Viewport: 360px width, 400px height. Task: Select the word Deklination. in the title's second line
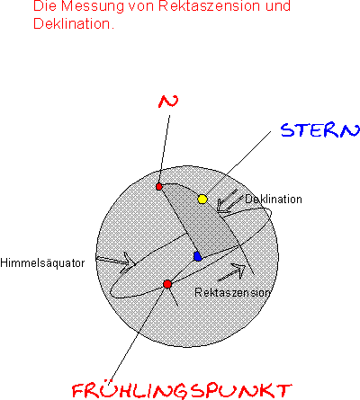point(74,23)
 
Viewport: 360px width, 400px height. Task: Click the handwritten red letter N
point(168,102)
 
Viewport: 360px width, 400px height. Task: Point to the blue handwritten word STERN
point(320,130)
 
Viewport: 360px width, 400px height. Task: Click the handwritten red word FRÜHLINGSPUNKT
point(182,391)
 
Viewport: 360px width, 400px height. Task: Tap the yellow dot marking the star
point(202,199)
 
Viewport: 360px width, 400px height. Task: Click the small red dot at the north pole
point(159,187)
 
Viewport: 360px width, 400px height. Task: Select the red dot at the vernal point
point(167,284)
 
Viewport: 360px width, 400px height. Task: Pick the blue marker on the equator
point(197,256)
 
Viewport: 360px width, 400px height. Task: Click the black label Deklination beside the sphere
point(274,199)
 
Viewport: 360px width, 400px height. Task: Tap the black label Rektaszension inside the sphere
point(232,292)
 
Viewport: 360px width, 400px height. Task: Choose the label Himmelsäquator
point(42,263)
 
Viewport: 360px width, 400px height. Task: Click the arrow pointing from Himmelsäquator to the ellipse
point(116,262)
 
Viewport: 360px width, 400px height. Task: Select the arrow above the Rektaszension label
point(231,272)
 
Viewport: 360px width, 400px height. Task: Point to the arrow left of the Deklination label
point(229,201)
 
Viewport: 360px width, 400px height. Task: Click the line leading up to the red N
point(165,149)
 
